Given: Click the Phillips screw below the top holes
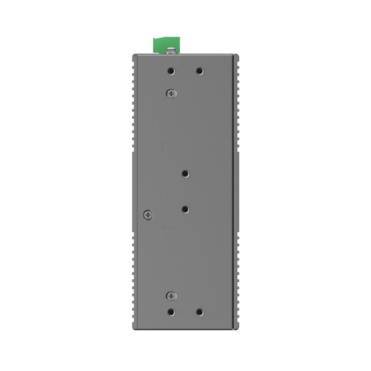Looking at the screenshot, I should tap(171, 93).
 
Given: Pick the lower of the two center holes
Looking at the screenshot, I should tap(185, 210).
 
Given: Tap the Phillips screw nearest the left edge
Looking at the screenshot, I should tap(148, 214).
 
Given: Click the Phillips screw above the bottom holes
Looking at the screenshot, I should tap(171, 296).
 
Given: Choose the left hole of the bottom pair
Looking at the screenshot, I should tap(171, 312).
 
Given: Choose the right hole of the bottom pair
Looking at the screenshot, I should tap(200, 312).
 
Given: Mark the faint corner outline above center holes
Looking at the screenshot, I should tap(166, 145).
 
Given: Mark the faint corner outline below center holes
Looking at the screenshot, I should tap(166, 224).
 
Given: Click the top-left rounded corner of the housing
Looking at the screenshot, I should tap(134, 56).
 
